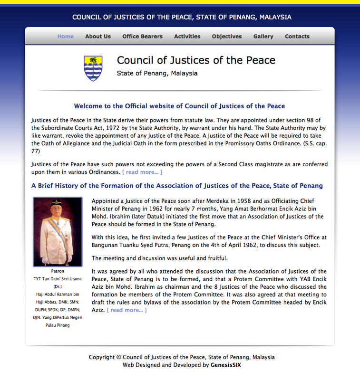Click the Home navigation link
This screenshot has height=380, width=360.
click(66, 37)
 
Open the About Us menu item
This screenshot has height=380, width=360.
click(98, 37)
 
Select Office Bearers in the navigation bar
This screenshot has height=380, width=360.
click(142, 37)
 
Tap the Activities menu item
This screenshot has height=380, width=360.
click(187, 37)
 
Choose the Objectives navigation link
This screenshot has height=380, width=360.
click(227, 37)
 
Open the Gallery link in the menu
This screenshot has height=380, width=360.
click(263, 37)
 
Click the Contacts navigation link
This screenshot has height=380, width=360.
click(297, 37)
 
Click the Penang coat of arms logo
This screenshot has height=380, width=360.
click(93, 68)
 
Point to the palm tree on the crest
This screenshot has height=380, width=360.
click(93, 62)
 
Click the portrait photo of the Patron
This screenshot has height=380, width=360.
click(58, 231)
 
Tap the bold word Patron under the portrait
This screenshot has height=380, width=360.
click(58, 271)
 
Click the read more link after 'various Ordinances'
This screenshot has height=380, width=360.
click(142, 172)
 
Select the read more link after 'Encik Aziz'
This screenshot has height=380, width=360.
click(126, 310)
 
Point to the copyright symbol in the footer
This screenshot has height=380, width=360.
click(118, 358)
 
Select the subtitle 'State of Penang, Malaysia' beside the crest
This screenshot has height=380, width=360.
click(157, 74)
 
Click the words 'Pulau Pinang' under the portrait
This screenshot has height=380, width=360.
click(58, 325)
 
